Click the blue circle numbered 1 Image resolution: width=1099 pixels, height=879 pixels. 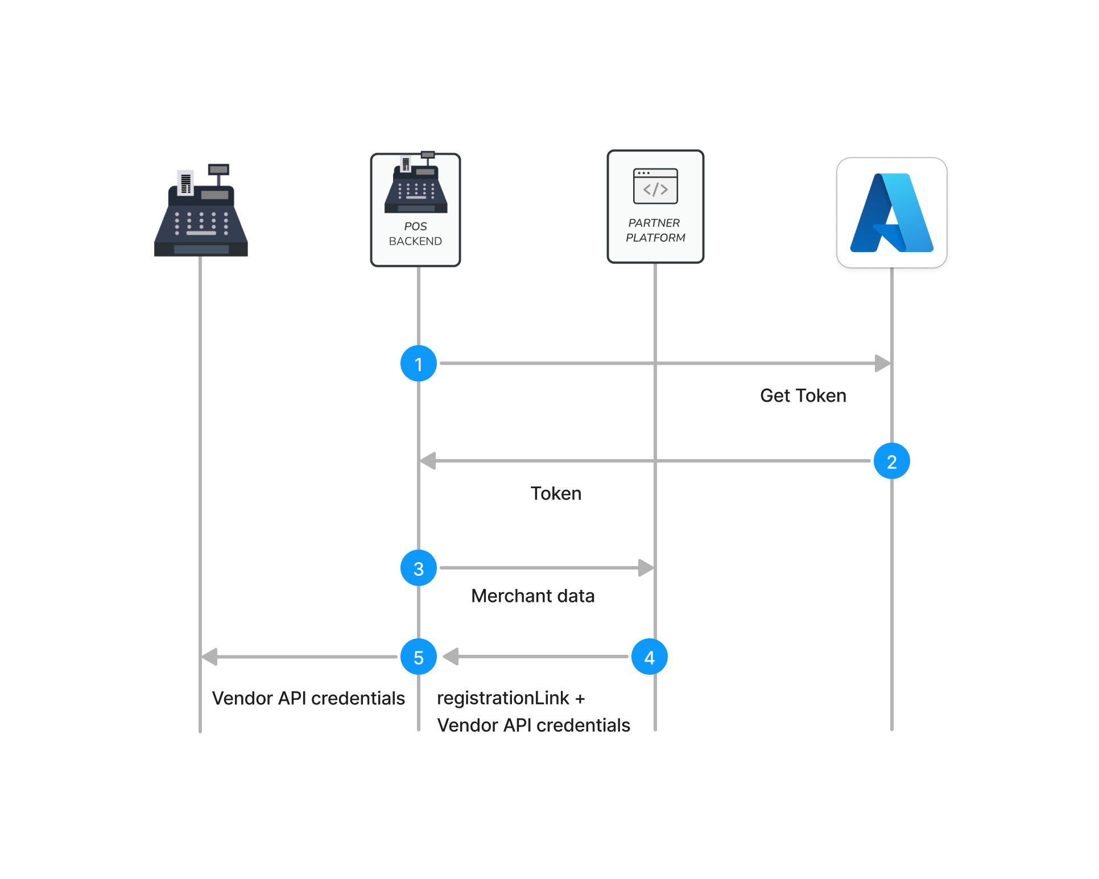[x=419, y=364]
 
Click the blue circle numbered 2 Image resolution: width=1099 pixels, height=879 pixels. [x=891, y=461]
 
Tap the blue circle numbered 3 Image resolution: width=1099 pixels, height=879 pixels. [x=419, y=568]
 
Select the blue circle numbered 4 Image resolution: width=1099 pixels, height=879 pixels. [x=649, y=657]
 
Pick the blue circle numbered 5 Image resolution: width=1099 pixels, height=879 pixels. [x=419, y=657]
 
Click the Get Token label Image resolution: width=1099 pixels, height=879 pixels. [x=803, y=396]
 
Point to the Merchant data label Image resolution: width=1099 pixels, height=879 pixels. [x=533, y=596]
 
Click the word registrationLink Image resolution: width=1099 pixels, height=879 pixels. [x=503, y=698]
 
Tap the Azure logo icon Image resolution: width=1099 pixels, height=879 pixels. [x=891, y=213]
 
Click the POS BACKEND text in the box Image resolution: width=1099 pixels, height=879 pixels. [x=415, y=234]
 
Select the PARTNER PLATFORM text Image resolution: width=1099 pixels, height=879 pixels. [x=655, y=230]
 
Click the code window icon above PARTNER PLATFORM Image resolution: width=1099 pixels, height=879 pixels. [x=655, y=186]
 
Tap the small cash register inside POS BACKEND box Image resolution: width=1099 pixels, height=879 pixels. [x=416, y=185]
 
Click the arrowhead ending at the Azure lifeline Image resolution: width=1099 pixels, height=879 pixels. [x=882, y=364]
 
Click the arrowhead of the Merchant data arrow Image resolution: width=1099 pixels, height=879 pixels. [x=646, y=568]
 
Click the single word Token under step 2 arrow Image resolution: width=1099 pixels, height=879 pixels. [x=556, y=494]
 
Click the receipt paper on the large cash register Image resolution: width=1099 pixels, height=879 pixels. [x=185, y=183]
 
